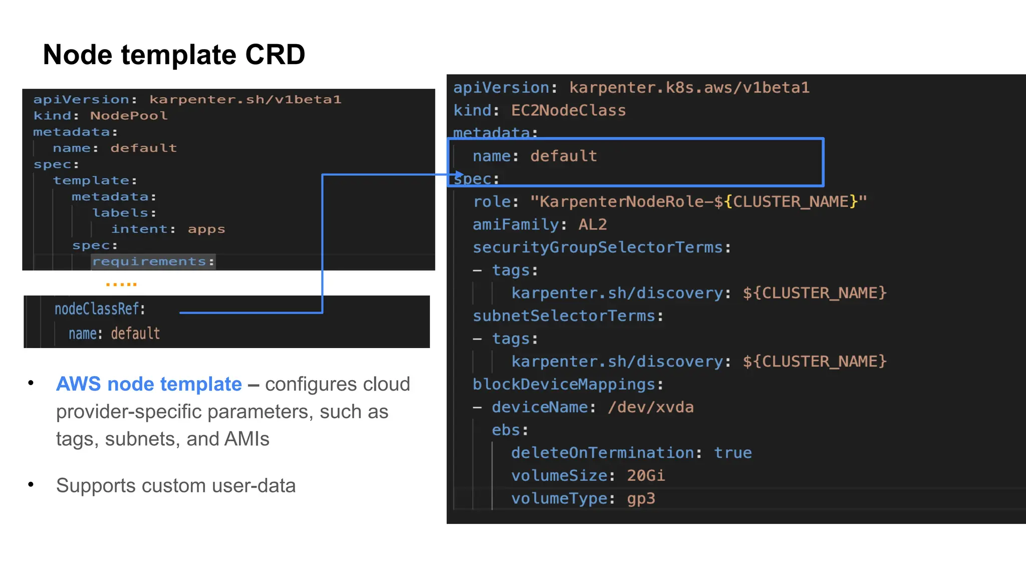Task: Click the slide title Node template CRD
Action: click(174, 54)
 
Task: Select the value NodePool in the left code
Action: click(129, 116)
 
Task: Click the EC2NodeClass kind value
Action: click(568, 110)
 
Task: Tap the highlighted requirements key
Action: click(153, 261)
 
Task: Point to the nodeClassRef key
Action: click(100, 309)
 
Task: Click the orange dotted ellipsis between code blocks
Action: click(121, 284)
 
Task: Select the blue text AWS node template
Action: click(149, 384)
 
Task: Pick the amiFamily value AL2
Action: click(592, 224)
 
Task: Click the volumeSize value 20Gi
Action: click(645, 475)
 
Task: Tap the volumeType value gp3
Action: click(641, 498)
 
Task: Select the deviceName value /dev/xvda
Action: click(650, 407)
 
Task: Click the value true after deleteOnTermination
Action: click(732, 453)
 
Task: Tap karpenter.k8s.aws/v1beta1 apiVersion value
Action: click(689, 88)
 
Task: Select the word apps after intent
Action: click(206, 229)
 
